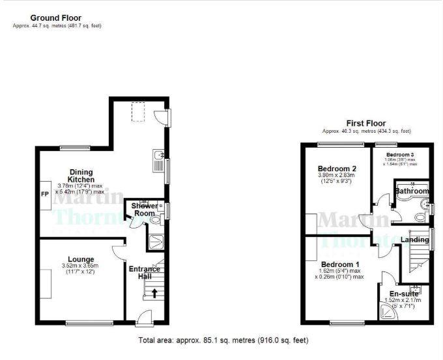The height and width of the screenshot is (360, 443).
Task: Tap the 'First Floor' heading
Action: [367, 123]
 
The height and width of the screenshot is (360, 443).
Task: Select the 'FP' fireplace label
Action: [44, 194]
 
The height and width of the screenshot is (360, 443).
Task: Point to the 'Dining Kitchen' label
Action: [83, 175]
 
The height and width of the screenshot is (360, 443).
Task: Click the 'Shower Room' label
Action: [145, 210]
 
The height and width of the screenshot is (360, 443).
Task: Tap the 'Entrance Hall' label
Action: [145, 272]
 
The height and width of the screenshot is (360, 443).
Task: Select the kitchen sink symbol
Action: [158, 157]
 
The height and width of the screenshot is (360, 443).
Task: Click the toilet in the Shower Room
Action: [155, 220]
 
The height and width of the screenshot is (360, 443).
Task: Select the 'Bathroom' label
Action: [412, 191]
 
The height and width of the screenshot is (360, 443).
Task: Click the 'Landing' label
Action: [414, 240]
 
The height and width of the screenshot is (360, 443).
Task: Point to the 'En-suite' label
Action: [403, 294]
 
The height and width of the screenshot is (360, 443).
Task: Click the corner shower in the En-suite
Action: [389, 314]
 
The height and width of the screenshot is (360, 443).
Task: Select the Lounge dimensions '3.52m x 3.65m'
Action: [80, 266]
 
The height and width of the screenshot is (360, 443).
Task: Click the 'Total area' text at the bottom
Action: [223, 340]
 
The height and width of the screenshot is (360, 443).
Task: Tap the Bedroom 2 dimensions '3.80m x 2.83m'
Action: [336, 174]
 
